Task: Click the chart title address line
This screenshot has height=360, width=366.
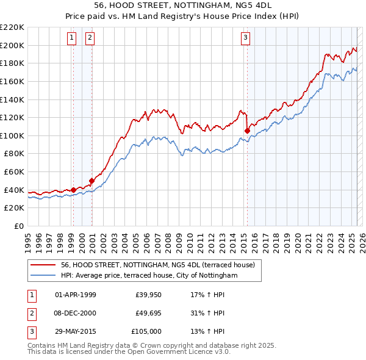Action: [183, 5]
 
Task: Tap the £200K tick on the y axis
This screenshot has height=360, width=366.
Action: [12, 45]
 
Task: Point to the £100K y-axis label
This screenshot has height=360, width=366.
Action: [12, 135]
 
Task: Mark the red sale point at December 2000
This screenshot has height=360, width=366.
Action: [91, 181]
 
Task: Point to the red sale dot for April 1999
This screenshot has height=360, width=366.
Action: [73, 190]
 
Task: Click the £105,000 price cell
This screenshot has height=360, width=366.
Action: [147, 331]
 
